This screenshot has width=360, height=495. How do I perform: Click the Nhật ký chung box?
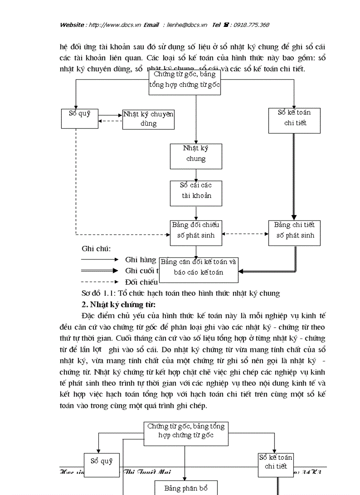click(x=196, y=153)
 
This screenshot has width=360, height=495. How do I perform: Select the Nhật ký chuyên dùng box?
click(x=148, y=119)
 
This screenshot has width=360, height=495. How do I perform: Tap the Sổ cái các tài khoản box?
click(x=196, y=190)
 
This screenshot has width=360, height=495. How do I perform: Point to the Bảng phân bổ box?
click(x=185, y=488)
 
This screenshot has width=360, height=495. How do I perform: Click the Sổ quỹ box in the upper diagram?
click(x=79, y=118)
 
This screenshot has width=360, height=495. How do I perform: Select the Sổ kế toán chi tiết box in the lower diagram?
click(x=276, y=465)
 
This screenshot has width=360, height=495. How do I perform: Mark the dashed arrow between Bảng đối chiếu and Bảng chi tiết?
click(x=245, y=234)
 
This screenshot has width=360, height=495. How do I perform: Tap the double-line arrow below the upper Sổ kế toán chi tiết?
click(x=294, y=176)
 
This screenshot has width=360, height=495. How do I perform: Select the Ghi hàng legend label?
click(x=141, y=260)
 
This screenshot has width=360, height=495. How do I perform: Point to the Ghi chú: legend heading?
click(x=96, y=249)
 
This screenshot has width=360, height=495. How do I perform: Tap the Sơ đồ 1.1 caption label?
click(x=181, y=293)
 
